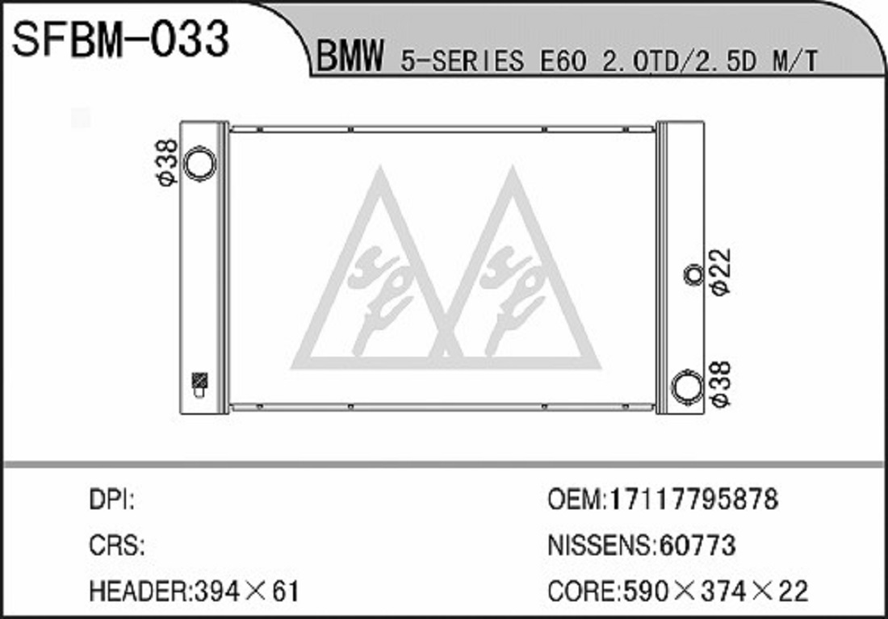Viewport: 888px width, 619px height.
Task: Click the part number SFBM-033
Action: coord(120,39)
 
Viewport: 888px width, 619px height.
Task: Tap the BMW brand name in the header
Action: coord(350,56)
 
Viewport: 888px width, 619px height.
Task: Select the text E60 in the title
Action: coord(563,61)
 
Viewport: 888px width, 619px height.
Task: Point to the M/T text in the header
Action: coord(795,61)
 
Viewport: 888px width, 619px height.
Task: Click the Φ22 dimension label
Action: coord(722,271)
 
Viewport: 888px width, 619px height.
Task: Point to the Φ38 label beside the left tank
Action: coord(167,162)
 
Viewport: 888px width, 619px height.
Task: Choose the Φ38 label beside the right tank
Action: coord(722,384)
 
